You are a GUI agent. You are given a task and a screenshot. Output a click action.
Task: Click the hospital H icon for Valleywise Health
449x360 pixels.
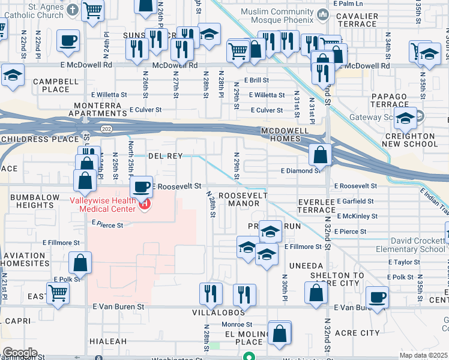[144, 205]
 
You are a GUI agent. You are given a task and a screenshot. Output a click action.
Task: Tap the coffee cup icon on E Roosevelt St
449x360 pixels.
[141, 187]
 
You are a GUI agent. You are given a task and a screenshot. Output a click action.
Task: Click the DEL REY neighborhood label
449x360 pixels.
[165, 155]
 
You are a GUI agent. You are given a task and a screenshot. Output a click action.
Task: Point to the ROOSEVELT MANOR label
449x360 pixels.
[239, 200]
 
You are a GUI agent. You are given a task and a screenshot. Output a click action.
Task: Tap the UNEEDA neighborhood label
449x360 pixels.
[306, 265]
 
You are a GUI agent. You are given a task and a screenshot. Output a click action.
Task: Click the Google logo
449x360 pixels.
[20, 352]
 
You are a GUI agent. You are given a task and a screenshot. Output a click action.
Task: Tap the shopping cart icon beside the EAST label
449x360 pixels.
[58, 293]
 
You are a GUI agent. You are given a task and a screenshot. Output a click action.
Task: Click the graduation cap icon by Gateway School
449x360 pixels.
[406, 118]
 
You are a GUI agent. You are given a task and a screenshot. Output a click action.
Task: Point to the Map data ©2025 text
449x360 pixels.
[423, 355]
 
